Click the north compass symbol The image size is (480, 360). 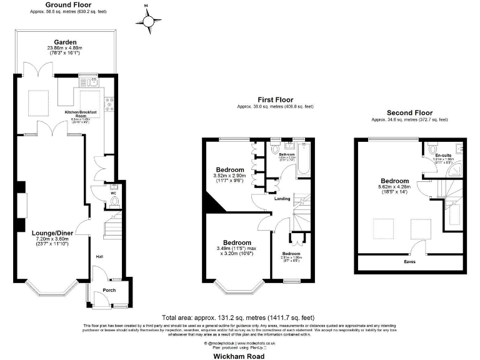click(149, 21)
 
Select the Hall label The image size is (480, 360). click(99, 256)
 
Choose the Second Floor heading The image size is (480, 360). click(409, 112)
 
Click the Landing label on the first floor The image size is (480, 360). click(278, 199)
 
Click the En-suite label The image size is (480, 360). click(443, 155)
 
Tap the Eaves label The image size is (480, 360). click(409, 263)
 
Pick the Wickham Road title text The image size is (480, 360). click(239, 356)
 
